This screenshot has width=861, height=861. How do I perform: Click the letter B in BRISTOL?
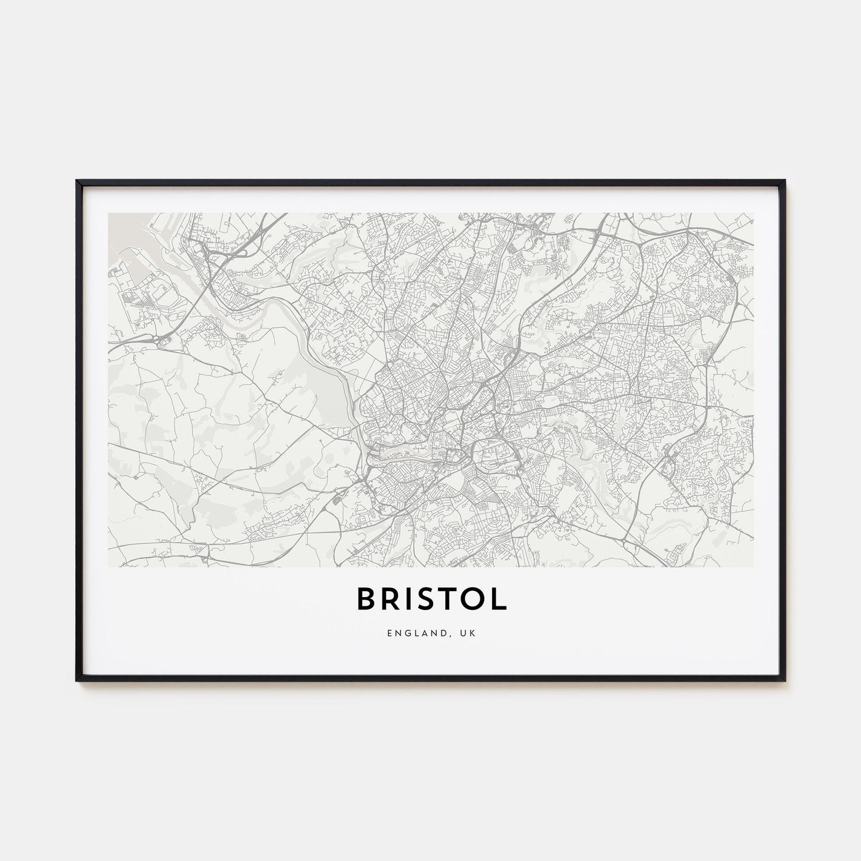(365, 600)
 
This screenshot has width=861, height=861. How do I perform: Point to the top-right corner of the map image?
(753, 213)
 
